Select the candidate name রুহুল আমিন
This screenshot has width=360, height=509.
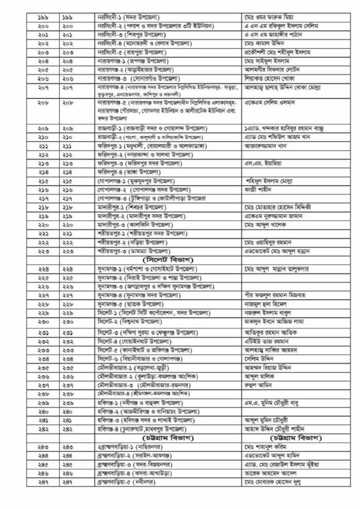258,385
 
